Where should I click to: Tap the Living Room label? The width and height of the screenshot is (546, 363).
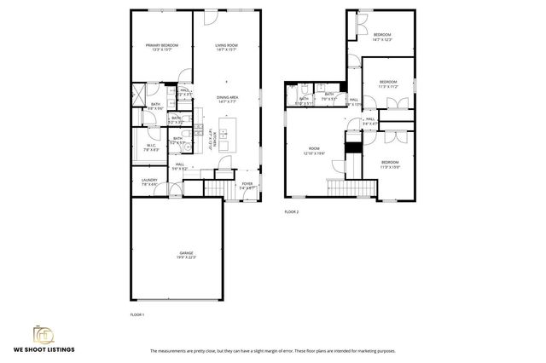click(226, 47)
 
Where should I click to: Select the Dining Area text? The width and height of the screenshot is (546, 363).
click(227, 99)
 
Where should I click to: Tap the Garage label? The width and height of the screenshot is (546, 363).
click(187, 254)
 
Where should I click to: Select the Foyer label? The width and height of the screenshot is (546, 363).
click(247, 185)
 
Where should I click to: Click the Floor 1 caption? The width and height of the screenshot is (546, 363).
click(137, 314)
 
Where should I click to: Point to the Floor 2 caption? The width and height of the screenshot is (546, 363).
click(292, 211)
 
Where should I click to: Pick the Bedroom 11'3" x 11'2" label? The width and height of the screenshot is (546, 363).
click(388, 84)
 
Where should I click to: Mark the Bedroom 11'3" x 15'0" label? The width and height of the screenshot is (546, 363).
click(389, 164)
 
